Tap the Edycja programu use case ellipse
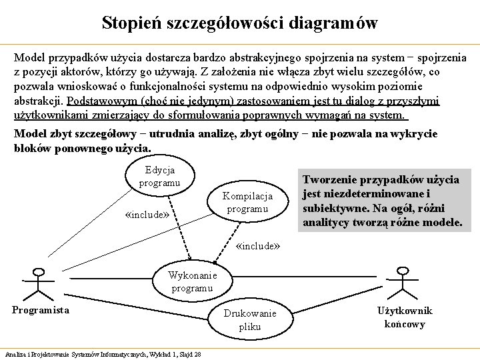pyautogui.click(x=159, y=176)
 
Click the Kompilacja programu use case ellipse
pyautogui.click(x=247, y=203)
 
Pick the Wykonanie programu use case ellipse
pyautogui.click(x=191, y=282)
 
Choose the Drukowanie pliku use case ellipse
pyautogui.click(x=249, y=319)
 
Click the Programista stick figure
pyautogui.click(x=38, y=283)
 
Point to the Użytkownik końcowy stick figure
pyautogui.click(x=402, y=283)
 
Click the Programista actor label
pyautogui.click(x=41, y=310)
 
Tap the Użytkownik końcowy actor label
pyautogui.click(x=405, y=317)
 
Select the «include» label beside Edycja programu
pyautogui.click(x=151, y=215)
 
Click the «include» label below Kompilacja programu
pyautogui.click(x=258, y=245)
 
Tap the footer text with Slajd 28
pyautogui.click(x=103, y=353)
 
